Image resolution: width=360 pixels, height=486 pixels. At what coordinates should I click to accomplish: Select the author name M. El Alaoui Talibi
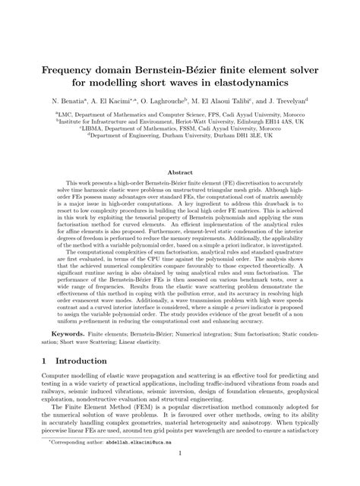(224, 100)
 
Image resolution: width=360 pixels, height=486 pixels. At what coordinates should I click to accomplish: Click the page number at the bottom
(180, 477)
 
